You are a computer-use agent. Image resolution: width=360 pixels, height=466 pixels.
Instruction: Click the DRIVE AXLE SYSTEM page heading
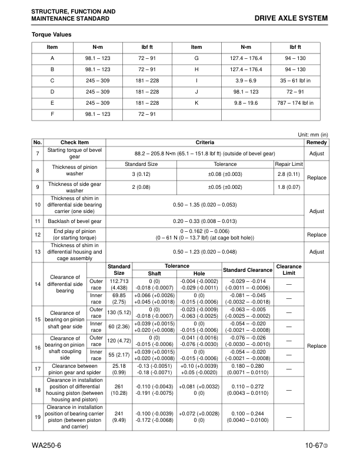click(x=292, y=19)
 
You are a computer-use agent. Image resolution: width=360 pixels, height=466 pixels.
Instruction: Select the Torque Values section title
click(x=51, y=35)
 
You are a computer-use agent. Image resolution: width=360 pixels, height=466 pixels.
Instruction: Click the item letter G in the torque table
click(x=196, y=58)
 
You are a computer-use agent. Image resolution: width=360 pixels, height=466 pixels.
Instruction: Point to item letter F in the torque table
click(x=52, y=114)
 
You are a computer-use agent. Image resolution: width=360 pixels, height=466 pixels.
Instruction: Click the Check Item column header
click(x=75, y=142)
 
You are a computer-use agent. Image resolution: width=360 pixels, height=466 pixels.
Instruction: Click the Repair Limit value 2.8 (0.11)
click(x=289, y=175)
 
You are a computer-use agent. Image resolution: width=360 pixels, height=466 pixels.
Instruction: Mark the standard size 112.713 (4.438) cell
click(x=119, y=284)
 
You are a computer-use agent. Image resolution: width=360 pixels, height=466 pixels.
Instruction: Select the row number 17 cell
click(x=38, y=369)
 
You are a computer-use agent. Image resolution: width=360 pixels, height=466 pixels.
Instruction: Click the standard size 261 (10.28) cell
click(x=119, y=389)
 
